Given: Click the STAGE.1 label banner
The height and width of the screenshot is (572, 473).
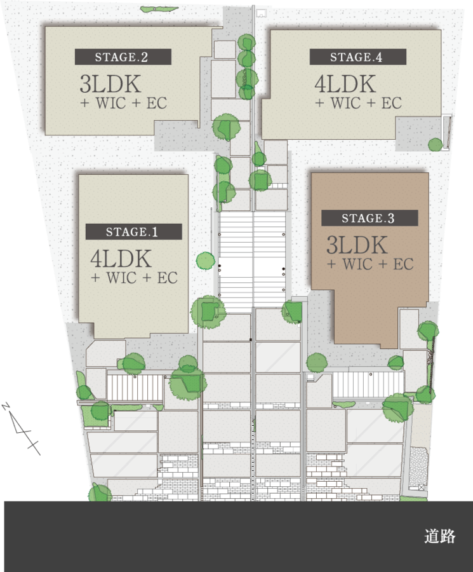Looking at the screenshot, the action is coord(134,231).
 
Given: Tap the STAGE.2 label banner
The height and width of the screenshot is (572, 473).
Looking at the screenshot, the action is coord(123,57).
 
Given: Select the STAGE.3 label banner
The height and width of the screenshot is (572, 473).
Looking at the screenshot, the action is coord(370,218).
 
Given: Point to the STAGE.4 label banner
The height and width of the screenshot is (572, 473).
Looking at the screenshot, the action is coord(358,57).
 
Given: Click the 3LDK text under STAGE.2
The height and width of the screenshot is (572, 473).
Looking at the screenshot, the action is coord(110,84).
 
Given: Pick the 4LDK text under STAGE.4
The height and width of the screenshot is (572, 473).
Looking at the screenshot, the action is coord(345,84).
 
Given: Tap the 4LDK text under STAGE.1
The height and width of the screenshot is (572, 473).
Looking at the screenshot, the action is coord(121,259).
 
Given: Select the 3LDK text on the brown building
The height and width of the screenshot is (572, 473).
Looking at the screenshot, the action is coord(357,245).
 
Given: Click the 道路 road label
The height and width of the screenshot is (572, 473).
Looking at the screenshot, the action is coord(440,536).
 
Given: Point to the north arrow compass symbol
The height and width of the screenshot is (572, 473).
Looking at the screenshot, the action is coord(21,428).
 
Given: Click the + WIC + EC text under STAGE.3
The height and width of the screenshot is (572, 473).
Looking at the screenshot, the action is coord(370,264).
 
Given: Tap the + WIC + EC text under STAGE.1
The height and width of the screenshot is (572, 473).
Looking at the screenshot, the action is coord(134,278).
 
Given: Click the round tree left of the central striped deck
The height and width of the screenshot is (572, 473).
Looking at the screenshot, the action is coord(206,261).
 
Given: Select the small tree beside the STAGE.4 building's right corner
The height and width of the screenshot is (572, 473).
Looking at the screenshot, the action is coord(435,145).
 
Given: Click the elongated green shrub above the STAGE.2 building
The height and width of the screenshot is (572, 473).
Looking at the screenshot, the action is coord(159,8).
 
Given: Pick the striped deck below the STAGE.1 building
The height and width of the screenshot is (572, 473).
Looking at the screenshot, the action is coord(135,388).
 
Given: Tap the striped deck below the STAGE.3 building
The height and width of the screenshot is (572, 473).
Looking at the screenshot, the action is coord(368,385).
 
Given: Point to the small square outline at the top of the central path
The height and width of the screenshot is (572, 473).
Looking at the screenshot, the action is coord(260,13).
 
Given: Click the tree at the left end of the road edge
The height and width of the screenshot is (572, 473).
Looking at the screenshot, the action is coord(100,493).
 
